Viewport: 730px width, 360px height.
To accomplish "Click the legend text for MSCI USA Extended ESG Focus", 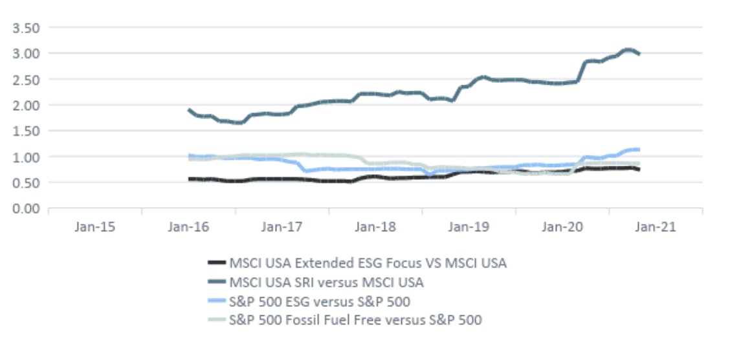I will [x=368, y=263].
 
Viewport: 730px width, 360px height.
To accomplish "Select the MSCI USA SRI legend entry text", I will [x=326, y=282].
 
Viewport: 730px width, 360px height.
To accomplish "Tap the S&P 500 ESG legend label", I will [x=320, y=300].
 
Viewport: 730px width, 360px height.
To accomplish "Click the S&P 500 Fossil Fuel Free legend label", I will [x=355, y=319].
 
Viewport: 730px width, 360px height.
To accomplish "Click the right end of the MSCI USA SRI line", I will [x=639, y=54].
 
